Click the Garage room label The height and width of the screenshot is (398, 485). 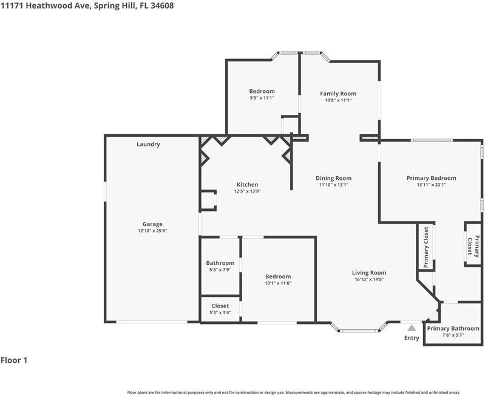pos(152,224)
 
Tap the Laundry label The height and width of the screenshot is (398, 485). pos(148,144)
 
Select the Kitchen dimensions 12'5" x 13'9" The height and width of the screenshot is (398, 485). pos(247,191)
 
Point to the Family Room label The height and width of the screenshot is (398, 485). pos(338,94)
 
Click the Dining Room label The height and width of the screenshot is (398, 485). pos(333,178)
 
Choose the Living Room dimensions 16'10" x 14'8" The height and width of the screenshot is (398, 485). pos(369,280)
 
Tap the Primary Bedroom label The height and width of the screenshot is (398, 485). pos(431,178)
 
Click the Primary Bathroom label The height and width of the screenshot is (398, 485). pos(453,328)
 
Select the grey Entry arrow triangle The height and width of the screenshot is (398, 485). pos(412,328)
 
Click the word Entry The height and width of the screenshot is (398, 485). pos(412,338)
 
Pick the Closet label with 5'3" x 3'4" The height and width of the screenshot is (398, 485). pos(220,306)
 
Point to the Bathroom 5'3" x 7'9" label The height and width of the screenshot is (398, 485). pos(220,263)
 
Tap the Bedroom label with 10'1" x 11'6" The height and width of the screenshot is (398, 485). pos(277,276)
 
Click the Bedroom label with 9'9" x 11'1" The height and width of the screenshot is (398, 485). pos(262,91)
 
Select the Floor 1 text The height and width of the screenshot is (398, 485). pos(15,360)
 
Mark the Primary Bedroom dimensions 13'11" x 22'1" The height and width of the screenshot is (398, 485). pos(431,185)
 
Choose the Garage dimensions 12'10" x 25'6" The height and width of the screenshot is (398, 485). pos(152,231)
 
